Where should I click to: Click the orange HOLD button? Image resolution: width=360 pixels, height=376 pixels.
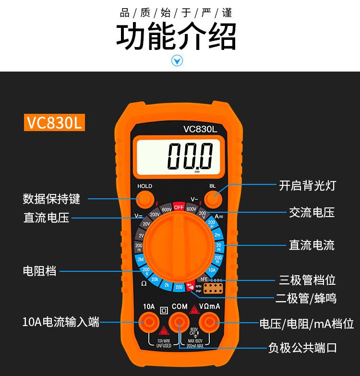144,198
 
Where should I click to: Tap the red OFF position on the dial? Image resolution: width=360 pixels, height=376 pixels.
179,207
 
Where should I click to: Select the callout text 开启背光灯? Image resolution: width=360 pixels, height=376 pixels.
308,185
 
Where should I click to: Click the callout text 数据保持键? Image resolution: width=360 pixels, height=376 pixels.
51,198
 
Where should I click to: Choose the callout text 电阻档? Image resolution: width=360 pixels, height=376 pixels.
39,271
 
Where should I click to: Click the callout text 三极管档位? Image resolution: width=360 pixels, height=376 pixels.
308,280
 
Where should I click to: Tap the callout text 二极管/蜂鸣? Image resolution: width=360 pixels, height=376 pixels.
306,298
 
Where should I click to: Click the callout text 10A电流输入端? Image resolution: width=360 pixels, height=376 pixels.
60,322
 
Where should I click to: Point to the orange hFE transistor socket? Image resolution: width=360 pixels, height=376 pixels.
214,288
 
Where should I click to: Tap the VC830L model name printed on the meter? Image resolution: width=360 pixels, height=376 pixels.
200,129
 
